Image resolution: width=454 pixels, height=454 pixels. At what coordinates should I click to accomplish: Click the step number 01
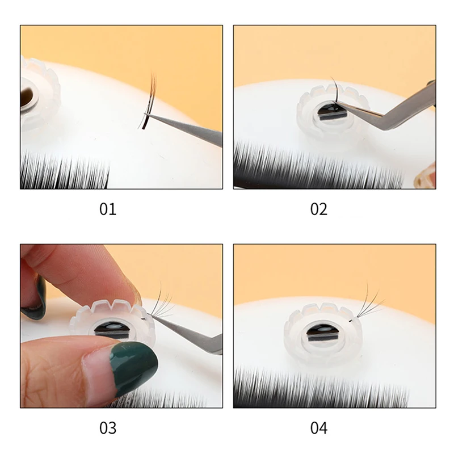coord(108,209)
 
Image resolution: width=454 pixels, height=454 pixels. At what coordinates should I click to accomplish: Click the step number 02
coord(319,209)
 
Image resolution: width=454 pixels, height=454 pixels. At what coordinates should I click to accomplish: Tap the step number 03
coord(108,428)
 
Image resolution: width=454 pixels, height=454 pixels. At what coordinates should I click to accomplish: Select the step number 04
coord(319,428)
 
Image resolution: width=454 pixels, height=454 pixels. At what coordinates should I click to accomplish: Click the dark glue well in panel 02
coord(332,111)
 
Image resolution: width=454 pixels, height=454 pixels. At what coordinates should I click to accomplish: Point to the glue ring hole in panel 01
coord(29,96)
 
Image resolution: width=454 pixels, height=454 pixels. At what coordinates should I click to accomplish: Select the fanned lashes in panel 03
coord(162,301)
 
